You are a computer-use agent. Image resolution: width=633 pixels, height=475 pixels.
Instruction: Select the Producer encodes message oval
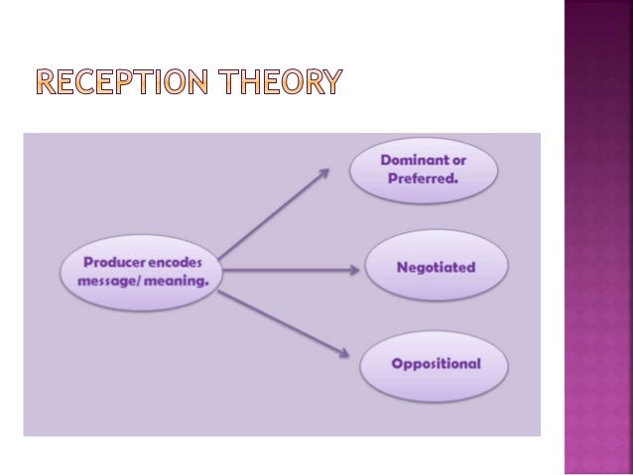click(139, 267)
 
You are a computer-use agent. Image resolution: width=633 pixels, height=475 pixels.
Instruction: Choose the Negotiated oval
click(436, 267)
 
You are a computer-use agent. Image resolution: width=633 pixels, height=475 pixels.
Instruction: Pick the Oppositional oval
click(436, 363)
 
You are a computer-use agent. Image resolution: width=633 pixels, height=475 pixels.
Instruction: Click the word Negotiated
click(436, 267)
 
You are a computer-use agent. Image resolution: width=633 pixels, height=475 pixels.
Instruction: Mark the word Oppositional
click(436, 363)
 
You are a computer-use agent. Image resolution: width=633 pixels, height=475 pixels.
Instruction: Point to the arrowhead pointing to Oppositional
click(345, 351)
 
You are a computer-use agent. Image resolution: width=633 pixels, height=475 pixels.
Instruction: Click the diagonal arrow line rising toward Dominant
click(273, 214)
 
